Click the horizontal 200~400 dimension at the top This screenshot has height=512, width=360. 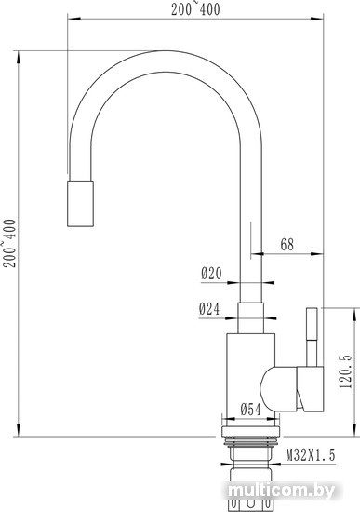coord(196,9)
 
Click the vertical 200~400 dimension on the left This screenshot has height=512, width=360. coord(9,244)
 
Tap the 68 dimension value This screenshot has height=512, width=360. coord(287,245)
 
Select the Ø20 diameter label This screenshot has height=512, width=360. coord(211,274)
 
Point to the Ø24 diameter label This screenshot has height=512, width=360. coord(209,309)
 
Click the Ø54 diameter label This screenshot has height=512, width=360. coord(250,410)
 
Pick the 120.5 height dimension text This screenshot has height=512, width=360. coord(346,371)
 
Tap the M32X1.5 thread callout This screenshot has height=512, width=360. coord(311,455)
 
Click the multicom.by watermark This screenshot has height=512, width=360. coord(281,491)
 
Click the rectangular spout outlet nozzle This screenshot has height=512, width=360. coord(80,204)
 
